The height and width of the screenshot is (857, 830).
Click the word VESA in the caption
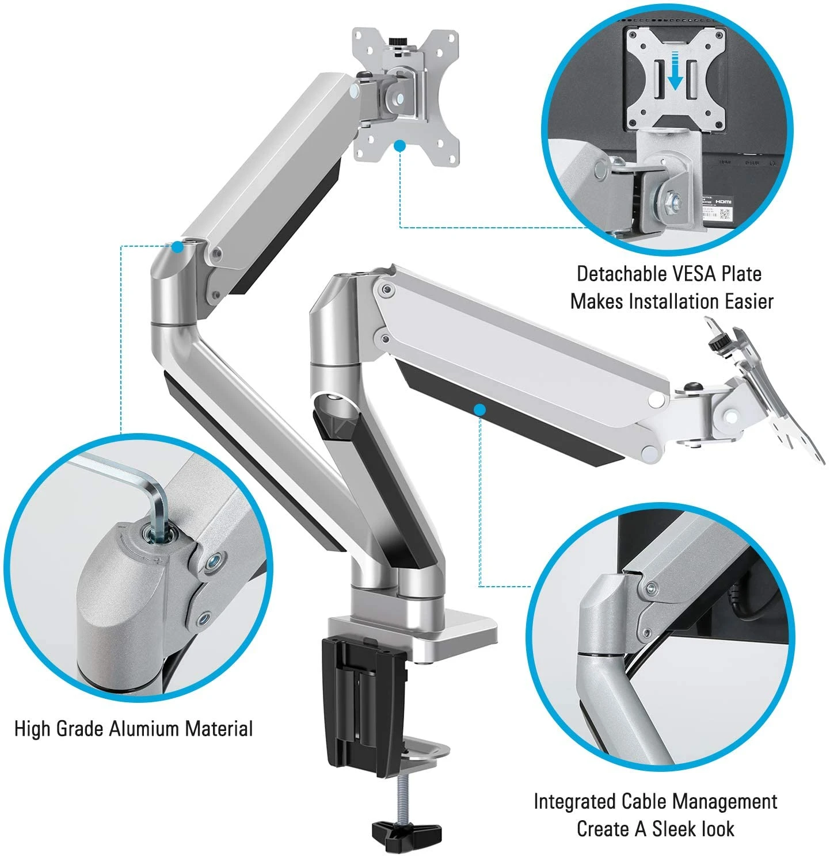(669, 274)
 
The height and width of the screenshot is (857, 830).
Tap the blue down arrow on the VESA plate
(676, 70)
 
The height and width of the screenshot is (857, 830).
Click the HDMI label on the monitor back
(724, 202)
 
